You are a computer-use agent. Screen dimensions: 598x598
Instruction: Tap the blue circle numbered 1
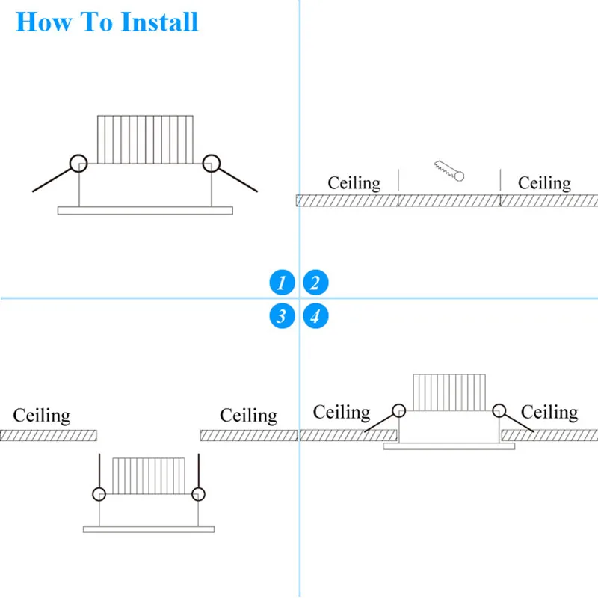pos(282,283)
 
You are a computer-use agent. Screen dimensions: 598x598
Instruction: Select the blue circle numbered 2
pos(315,283)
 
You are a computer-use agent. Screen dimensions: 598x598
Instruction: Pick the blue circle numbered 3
pos(282,316)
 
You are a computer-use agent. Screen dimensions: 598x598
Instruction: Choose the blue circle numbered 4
pos(315,316)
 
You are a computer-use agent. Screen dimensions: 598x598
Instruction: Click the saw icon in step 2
pos(449,170)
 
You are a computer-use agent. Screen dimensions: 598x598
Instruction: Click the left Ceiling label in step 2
pos(354,182)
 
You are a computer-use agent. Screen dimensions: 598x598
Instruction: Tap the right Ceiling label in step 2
pos(544,182)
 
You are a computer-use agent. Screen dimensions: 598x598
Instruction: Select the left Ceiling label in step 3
pos(42,416)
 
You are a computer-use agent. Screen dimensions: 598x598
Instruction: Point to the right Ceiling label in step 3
pos(248,416)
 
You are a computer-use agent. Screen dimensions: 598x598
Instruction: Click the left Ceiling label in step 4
pos(342,412)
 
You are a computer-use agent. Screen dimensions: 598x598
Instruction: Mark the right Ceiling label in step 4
pos(549,412)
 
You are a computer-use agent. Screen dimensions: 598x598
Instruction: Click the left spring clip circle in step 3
pos(99,494)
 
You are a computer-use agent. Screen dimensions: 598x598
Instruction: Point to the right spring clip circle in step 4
pos(499,410)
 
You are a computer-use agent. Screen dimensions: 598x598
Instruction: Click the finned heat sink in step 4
pos(449,392)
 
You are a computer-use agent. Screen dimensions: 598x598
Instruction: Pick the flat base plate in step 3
pos(149,529)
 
